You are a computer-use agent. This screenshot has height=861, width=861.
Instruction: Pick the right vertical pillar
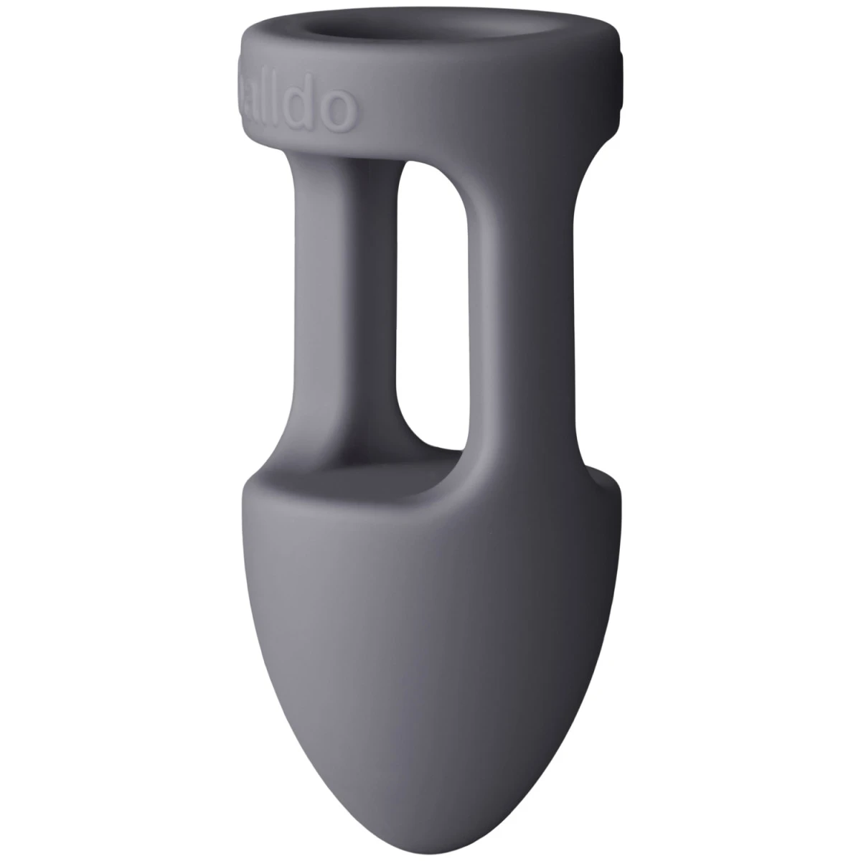[531, 301]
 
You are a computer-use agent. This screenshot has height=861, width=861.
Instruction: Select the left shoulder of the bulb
[258, 502]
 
